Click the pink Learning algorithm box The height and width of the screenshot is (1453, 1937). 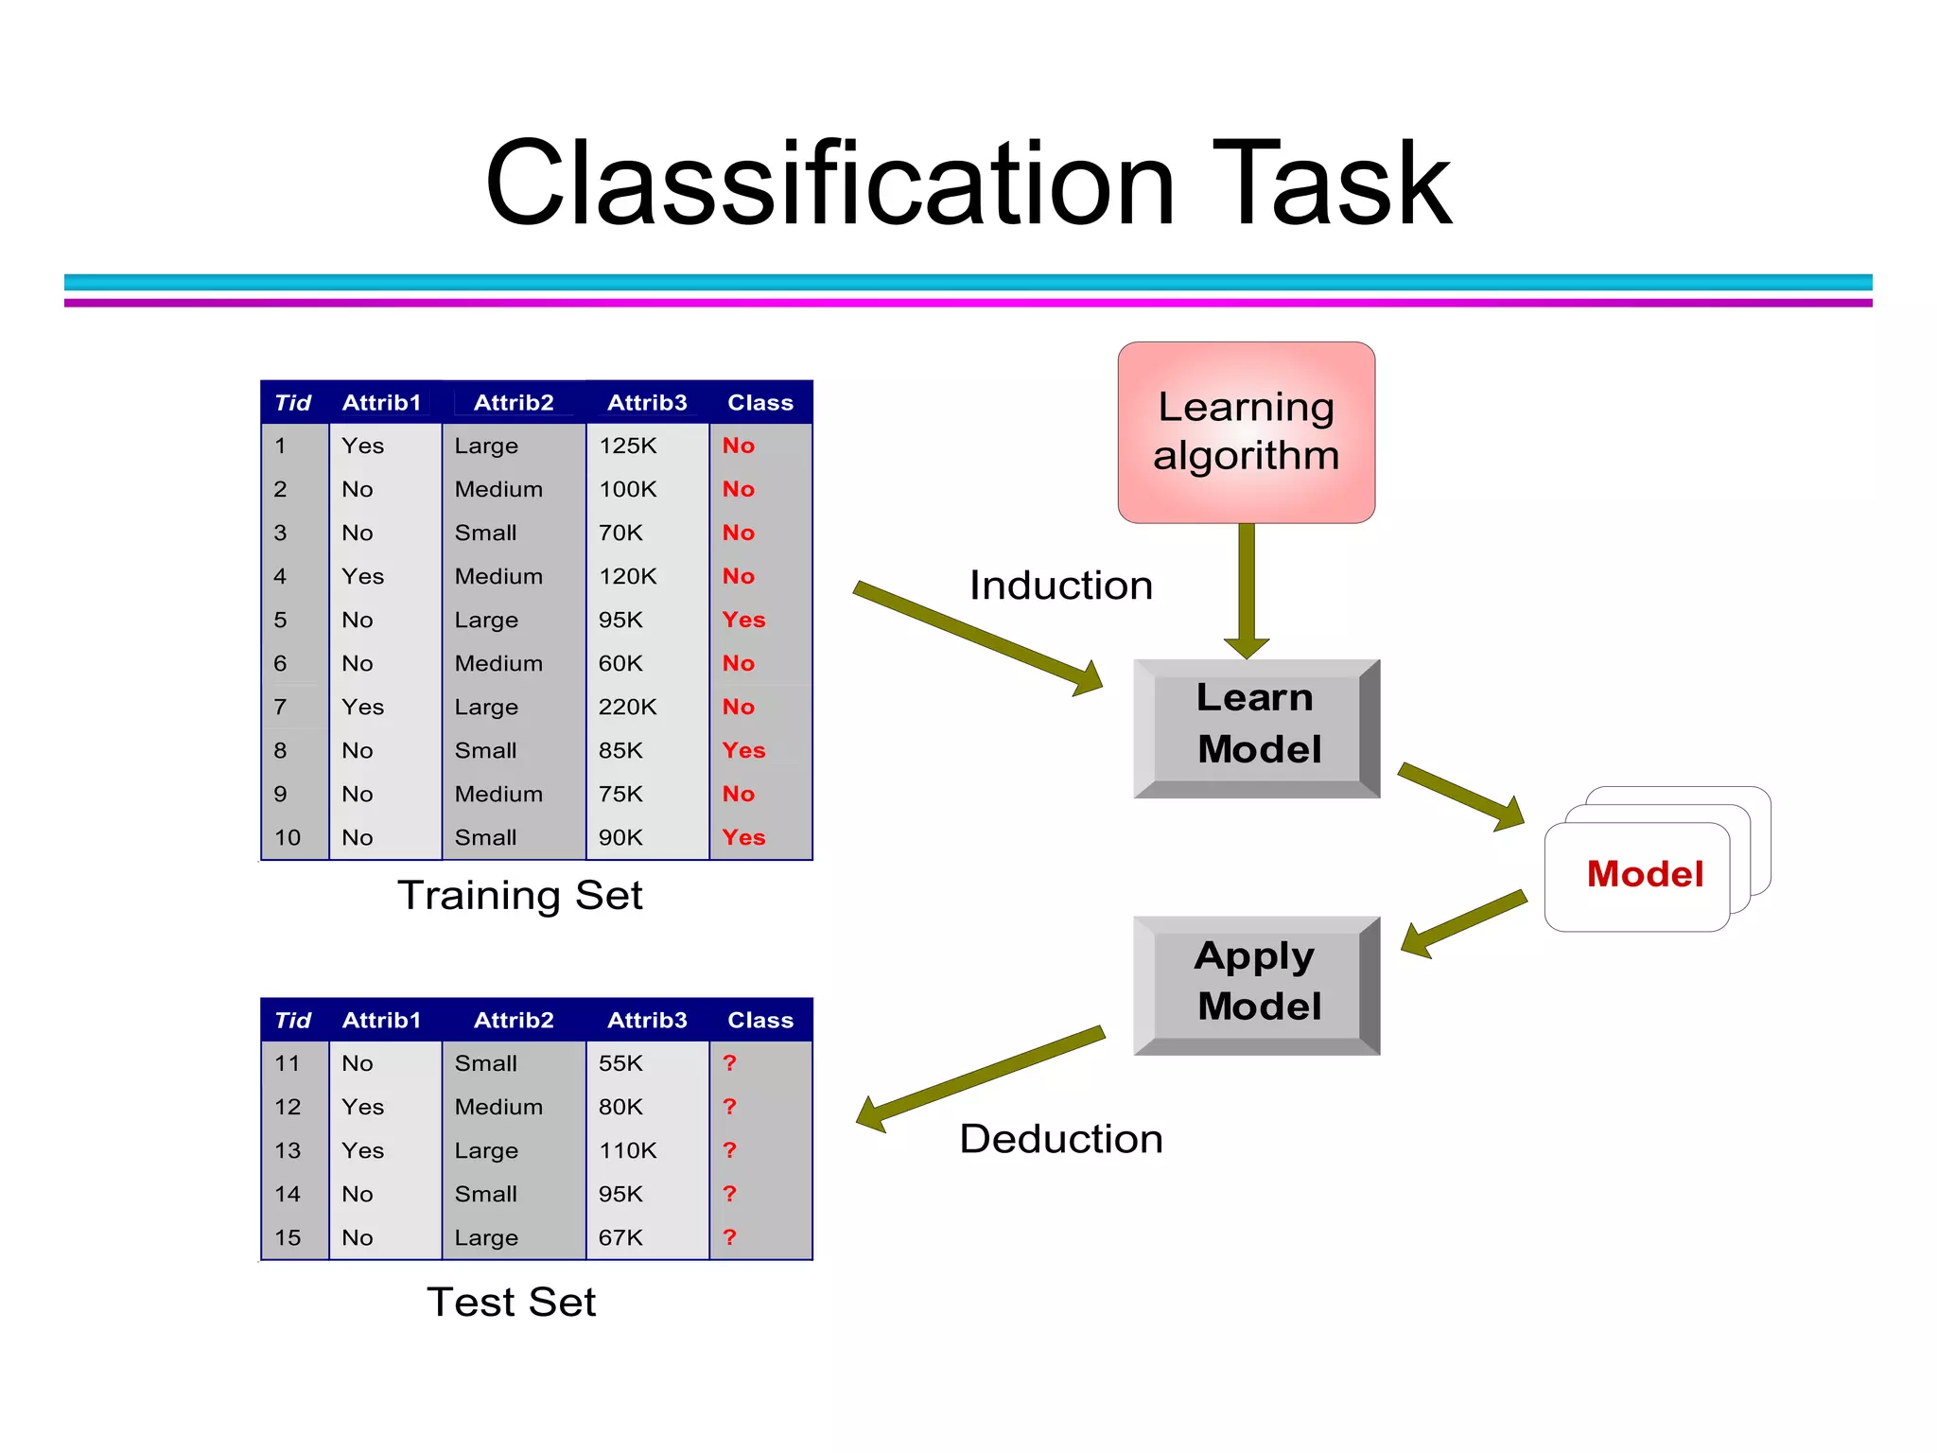(x=1246, y=432)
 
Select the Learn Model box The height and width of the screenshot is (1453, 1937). (x=1257, y=726)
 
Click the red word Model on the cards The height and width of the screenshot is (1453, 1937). (x=1645, y=874)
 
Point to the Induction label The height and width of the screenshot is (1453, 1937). (x=1060, y=586)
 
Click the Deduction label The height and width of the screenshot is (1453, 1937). (x=1060, y=1139)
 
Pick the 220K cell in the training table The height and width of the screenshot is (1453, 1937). (x=627, y=707)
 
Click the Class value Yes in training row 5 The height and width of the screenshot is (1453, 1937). (x=743, y=620)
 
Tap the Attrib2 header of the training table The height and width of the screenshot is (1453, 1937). (x=514, y=403)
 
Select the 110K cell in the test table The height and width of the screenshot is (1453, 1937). (x=627, y=1150)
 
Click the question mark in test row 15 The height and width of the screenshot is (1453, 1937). (x=729, y=1237)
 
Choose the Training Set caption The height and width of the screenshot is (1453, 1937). (x=519, y=895)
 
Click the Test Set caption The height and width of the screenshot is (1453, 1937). (x=511, y=1303)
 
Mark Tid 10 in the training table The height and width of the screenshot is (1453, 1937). (x=288, y=837)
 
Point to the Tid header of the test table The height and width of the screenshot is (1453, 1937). (x=292, y=1021)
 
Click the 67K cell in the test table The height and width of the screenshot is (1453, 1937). (x=620, y=1237)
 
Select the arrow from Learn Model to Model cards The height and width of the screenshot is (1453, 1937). (x=1459, y=795)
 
